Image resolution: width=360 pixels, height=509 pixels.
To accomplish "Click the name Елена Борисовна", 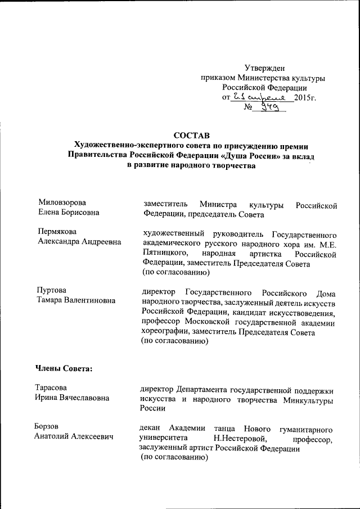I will pyautogui.click(x=69, y=213).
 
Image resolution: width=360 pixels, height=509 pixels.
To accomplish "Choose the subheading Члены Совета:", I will pyautogui.click(x=64, y=368).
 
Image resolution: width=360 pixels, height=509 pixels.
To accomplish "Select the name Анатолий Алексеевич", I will pyautogui.click(x=74, y=436).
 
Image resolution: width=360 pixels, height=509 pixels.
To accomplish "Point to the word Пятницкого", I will pyautogui.click(x=161, y=253).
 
